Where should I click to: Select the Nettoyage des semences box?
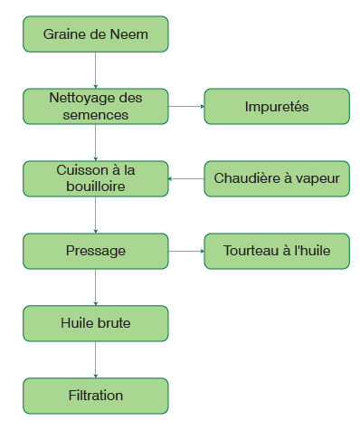click(95, 106)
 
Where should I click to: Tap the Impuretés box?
click(277, 106)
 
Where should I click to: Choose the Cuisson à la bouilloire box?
click(95, 178)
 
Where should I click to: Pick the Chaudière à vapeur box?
click(277, 178)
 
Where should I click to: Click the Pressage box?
click(95, 251)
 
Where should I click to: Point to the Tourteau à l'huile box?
click(277, 251)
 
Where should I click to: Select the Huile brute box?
click(95, 323)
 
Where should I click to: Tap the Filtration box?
click(95, 396)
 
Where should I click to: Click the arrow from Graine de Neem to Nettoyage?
click(95, 70)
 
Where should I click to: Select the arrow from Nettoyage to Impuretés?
click(185, 106)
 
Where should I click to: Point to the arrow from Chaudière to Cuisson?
click(185, 178)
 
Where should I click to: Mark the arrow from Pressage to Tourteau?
click(185, 251)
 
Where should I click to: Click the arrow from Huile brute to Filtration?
click(95, 359)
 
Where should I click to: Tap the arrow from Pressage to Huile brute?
click(95, 287)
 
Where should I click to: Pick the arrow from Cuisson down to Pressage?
click(95, 215)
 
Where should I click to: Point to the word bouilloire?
click(95, 187)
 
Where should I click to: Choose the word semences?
click(95, 115)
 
